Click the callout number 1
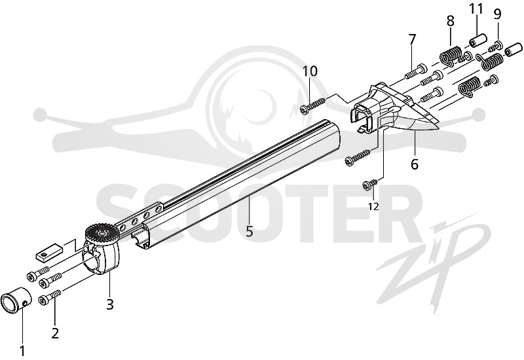(22, 351)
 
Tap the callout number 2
(56, 333)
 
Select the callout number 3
(110, 304)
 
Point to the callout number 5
(250, 231)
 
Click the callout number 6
(415, 164)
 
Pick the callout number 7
(412, 40)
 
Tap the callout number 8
(451, 22)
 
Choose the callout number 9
(498, 14)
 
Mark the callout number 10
(310, 71)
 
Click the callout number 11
(476, 9)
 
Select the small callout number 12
(374, 207)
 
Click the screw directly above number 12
(370, 185)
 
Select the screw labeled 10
(312, 105)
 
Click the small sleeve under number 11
(477, 41)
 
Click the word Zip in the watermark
(434, 264)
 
